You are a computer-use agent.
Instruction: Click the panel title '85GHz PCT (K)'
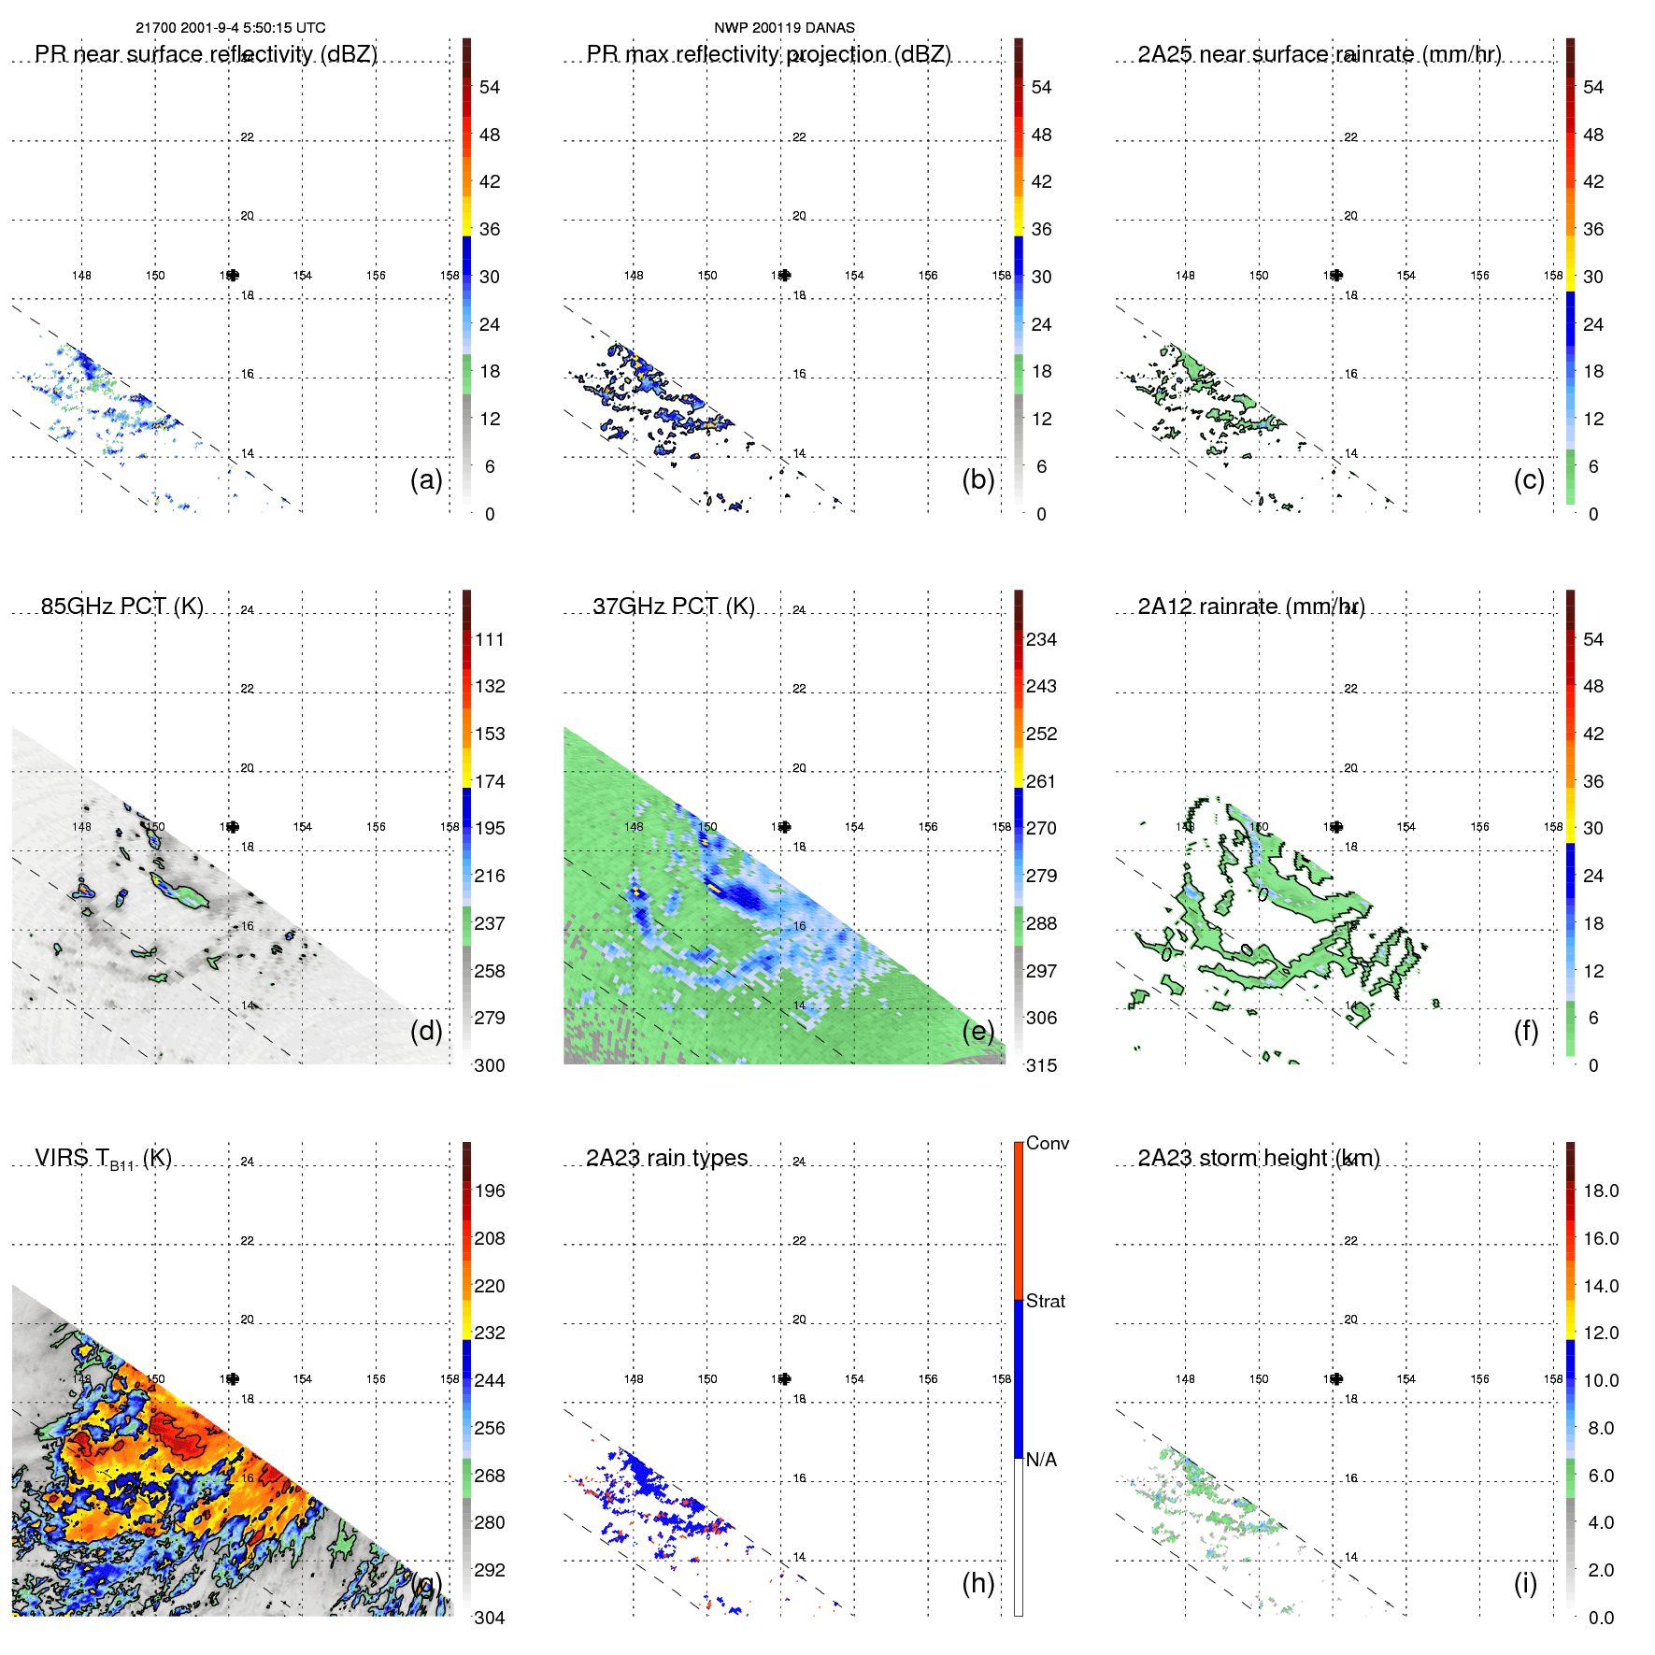(121, 606)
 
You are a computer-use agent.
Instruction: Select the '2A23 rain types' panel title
(666, 1158)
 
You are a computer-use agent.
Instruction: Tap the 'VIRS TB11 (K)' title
(103, 1159)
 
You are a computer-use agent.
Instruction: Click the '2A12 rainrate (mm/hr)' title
(1250, 606)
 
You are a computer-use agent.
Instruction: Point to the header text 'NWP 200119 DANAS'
(784, 28)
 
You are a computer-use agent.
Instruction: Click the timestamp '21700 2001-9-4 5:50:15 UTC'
(231, 28)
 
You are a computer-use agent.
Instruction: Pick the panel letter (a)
(426, 479)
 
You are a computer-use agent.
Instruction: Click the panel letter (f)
(1526, 1031)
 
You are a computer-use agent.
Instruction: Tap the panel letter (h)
(978, 1583)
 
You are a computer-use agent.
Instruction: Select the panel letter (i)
(1525, 1583)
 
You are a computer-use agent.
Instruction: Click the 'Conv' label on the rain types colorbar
(1047, 1143)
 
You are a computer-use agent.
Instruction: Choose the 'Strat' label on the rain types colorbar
(1045, 1301)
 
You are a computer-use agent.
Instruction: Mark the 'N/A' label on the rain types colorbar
(1041, 1460)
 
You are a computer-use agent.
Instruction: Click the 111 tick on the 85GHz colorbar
(490, 639)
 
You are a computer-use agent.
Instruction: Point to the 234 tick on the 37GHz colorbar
(1041, 639)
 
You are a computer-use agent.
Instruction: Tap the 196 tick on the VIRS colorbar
(490, 1191)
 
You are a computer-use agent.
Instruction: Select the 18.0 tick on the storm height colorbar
(1601, 1191)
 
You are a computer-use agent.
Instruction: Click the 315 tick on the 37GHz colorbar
(1041, 1065)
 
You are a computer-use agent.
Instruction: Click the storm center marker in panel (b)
(784, 275)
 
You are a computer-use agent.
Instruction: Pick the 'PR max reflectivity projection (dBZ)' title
(768, 54)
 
